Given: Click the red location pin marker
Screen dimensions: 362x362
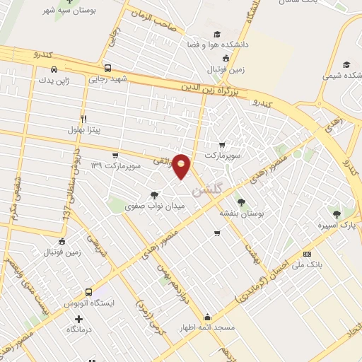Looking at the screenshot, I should click(182, 165).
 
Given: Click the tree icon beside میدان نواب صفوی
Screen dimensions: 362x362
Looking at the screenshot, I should click(154, 194).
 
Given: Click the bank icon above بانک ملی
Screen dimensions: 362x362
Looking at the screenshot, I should click(306, 253).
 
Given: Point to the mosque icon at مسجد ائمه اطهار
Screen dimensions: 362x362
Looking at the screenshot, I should click(207, 317).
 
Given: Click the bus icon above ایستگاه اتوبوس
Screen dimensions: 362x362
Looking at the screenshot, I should click(88, 292).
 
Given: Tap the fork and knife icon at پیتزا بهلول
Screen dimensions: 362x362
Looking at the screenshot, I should click(83, 118).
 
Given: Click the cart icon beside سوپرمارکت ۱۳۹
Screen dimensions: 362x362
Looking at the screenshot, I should click(115, 155).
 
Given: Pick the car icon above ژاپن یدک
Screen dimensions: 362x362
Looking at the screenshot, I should click(54, 69).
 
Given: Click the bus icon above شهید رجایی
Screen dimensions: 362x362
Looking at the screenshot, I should click(107, 69).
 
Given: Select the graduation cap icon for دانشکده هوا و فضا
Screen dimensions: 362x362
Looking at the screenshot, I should click(217, 34).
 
